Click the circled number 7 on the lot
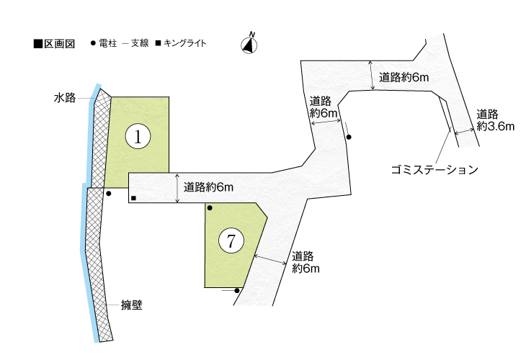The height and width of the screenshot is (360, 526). pyautogui.click(x=231, y=242)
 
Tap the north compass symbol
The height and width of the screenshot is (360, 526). pyautogui.click(x=250, y=44)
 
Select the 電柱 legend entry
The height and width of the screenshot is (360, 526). pyautogui.click(x=102, y=44)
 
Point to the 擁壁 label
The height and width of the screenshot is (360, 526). pyautogui.click(x=131, y=305)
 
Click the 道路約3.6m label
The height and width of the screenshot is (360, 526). pyautogui.click(x=494, y=120)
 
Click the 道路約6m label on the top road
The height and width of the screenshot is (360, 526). pyautogui.click(x=404, y=78)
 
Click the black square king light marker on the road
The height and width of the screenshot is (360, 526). pyautogui.click(x=134, y=198)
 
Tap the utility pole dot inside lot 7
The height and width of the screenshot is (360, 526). pyautogui.click(x=210, y=208)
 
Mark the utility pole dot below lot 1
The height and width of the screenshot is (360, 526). pyautogui.click(x=108, y=193)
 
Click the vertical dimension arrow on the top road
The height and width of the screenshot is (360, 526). pyautogui.click(x=373, y=76)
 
